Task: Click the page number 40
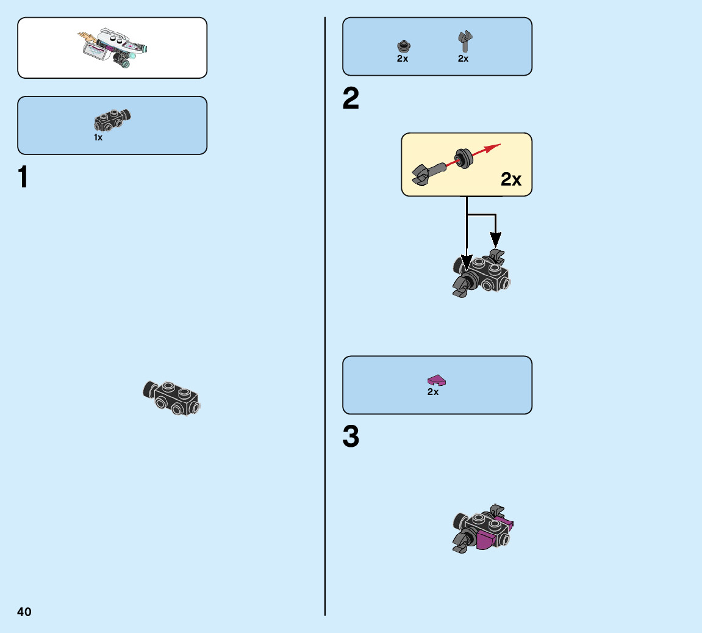[24, 612]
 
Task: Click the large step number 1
[23, 177]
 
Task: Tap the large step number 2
[351, 99]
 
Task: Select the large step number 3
[351, 437]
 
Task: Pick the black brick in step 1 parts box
[112, 120]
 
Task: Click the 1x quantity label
[98, 137]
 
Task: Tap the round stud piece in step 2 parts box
[403, 46]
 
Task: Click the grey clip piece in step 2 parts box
[465, 42]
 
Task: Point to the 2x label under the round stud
[403, 59]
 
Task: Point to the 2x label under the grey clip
[464, 59]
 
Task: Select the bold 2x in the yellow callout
[511, 179]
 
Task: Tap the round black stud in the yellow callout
[464, 157]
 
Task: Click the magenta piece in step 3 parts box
[436, 380]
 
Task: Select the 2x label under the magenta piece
[433, 392]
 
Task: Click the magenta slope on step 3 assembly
[485, 538]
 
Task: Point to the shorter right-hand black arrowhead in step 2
[496, 240]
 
